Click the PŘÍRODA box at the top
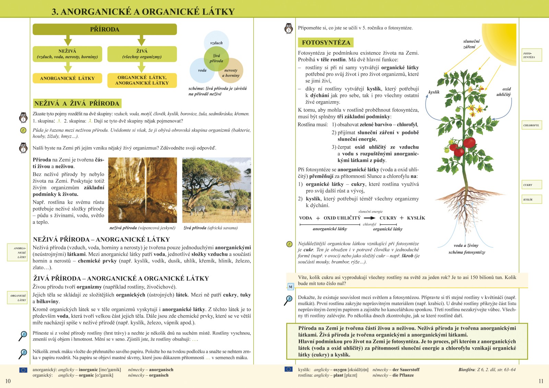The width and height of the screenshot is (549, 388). coord(105,30)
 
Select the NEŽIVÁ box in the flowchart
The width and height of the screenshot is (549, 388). coord(67,54)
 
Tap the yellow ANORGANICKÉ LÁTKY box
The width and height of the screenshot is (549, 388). coord(67,78)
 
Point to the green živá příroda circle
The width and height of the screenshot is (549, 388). coord(216,59)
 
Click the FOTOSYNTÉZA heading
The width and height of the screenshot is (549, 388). coord(326,43)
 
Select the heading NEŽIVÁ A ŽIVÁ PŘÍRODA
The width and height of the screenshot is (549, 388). coord(77,103)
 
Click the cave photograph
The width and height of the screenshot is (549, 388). coord(142,190)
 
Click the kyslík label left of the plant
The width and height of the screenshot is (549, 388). coord(434,92)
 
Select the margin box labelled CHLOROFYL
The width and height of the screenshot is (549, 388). coord(531,125)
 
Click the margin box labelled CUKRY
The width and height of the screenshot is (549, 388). coord(532,185)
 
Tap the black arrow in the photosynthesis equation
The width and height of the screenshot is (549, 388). coord(370,218)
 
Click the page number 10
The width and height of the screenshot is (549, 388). coord(8,381)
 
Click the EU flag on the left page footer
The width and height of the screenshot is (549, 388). coord(23,370)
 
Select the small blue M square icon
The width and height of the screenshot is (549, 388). coord(290,287)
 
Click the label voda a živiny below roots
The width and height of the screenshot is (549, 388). coord(466,245)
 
